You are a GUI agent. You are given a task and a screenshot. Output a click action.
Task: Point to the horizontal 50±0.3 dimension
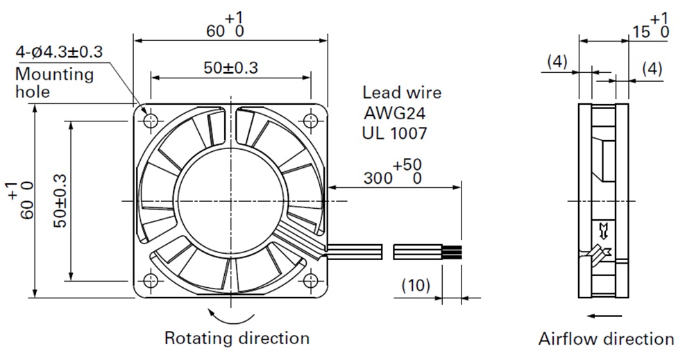click(x=230, y=68)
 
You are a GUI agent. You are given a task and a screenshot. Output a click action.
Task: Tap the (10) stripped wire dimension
click(x=416, y=284)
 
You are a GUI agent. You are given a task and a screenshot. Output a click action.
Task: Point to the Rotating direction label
click(x=237, y=338)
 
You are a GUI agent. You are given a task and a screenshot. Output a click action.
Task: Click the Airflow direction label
click(x=606, y=339)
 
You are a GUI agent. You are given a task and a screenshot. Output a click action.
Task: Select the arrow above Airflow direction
click(x=600, y=316)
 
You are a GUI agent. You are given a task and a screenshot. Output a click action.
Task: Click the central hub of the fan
click(x=230, y=200)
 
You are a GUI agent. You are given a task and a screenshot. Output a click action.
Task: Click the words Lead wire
click(x=402, y=93)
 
